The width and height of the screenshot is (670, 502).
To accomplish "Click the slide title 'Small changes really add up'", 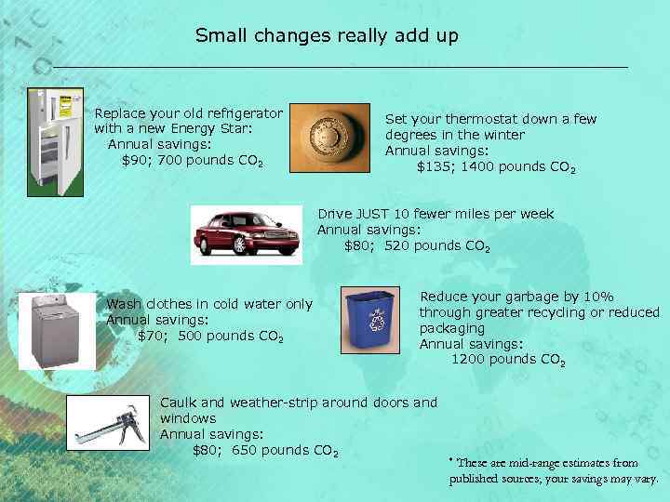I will pyautogui.click(x=327, y=35).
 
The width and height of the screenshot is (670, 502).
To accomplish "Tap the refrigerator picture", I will pyautogui.click(x=55, y=141).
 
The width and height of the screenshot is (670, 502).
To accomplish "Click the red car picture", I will pyautogui.click(x=246, y=235).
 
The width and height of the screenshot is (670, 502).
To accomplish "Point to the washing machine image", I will pyautogui.click(x=55, y=331).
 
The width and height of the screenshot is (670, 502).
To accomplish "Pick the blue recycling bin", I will pyautogui.click(x=370, y=322).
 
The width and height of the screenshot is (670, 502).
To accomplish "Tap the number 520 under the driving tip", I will pyautogui.click(x=396, y=245).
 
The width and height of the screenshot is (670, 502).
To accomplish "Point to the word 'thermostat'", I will pyautogui.click(x=464, y=119).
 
